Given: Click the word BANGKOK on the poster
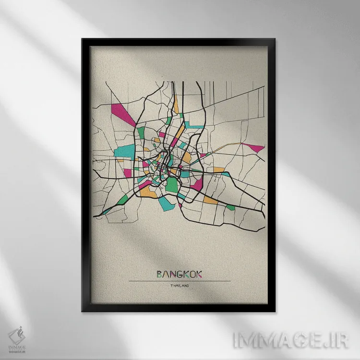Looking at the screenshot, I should (x=180, y=274).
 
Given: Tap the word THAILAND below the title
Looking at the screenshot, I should (x=180, y=287).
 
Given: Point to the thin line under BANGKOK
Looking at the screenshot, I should (x=180, y=281).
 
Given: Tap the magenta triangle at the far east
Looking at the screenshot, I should (x=254, y=147).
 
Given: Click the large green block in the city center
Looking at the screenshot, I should (x=171, y=185).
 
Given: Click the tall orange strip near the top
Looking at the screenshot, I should (x=176, y=103).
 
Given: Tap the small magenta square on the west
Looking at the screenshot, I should (x=128, y=172).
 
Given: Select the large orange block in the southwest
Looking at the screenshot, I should (x=146, y=192).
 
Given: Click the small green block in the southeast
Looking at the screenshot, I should (x=230, y=207).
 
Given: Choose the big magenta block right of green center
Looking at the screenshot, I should (x=196, y=184).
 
